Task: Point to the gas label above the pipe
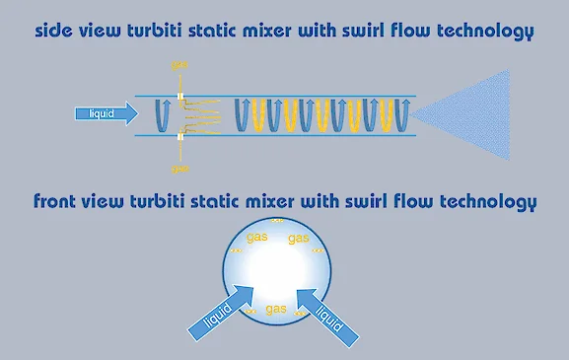click(179, 65)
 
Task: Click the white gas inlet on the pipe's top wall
click(179, 97)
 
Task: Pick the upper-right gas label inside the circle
click(299, 238)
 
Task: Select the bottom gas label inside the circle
click(276, 309)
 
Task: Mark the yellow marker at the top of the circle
click(277, 221)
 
